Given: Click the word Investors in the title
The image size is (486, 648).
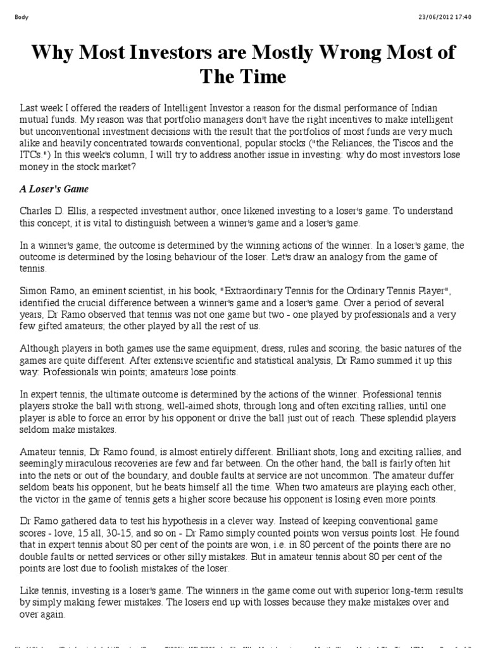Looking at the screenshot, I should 166,53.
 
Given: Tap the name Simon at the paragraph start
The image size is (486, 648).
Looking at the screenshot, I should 34,290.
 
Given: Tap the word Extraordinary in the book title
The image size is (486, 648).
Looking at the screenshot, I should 248,290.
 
